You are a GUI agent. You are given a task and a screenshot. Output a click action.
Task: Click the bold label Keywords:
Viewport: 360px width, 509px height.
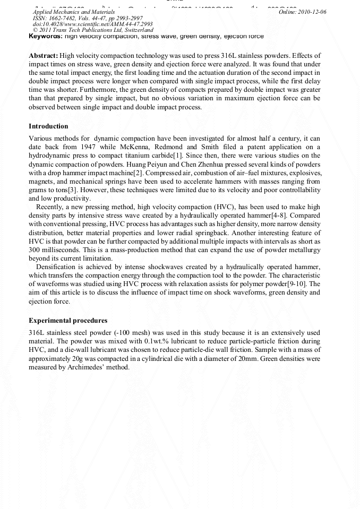pos(46,37)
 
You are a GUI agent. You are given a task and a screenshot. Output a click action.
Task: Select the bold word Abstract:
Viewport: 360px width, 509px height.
pos(43,56)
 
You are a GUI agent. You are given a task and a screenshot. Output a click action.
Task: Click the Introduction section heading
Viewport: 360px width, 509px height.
pos(48,126)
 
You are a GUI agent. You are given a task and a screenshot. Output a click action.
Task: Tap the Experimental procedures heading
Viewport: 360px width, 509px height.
pos(68,321)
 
